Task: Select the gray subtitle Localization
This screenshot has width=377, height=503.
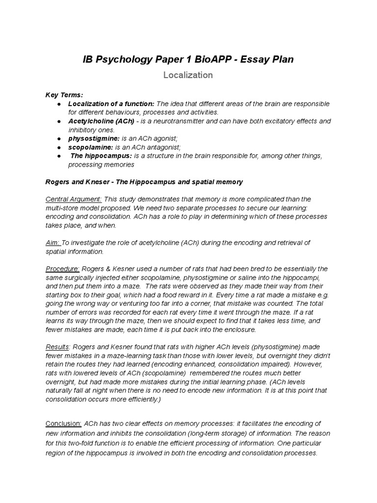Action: click(188, 75)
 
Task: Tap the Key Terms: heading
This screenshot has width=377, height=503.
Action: click(64, 95)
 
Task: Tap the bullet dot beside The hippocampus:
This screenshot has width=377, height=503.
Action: click(59, 156)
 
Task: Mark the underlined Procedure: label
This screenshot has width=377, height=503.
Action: click(62, 269)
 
